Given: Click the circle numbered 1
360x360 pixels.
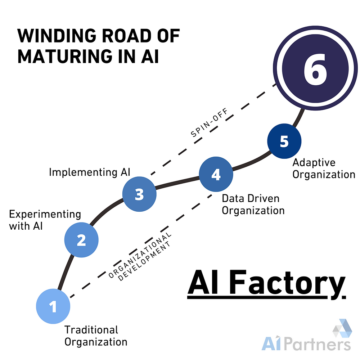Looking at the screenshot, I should (x=53, y=307).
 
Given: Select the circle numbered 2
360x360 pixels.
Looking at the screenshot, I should (x=81, y=240).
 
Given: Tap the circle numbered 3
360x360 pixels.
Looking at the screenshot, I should (x=139, y=194).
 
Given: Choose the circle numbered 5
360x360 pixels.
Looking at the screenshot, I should (x=284, y=141).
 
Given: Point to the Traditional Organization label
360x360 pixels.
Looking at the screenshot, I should (x=96, y=335).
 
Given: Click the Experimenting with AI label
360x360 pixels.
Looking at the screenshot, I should (x=45, y=220).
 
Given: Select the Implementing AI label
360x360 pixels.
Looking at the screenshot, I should (x=89, y=172).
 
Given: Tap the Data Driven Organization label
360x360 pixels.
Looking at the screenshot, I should (x=253, y=204).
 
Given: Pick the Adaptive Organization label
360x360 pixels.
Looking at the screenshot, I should (x=323, y=168).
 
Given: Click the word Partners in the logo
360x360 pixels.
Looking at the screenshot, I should (x=317, y=344).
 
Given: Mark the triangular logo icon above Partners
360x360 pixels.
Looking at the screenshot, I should (x=342, y=328).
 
